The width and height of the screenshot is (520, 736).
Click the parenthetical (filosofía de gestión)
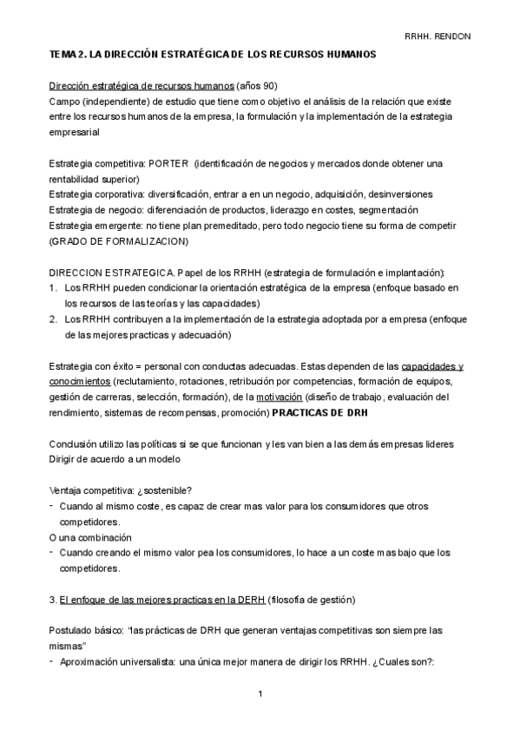(x=313, y=599)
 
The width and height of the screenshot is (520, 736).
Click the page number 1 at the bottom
(x=261, y=694)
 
